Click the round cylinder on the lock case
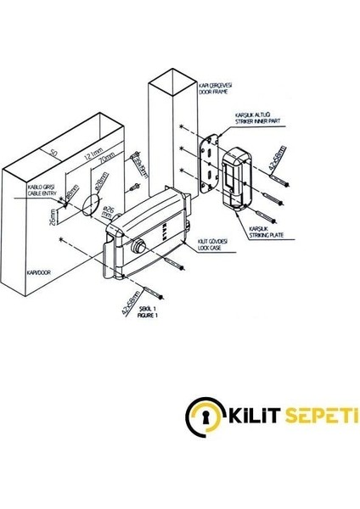pos(138,249)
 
